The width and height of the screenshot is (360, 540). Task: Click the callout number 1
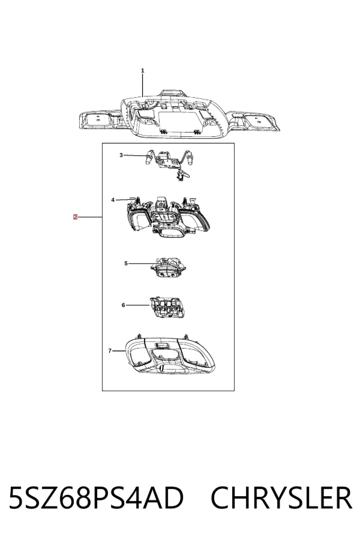point(143,71)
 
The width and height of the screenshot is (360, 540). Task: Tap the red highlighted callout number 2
point(75,217)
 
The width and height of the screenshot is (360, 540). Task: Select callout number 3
point(121,155)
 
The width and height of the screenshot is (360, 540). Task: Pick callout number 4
point(113,200)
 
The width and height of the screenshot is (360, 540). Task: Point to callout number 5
point(126,263)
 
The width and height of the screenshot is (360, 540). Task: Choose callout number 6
point(124,305)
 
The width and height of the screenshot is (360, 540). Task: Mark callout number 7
point(110,351)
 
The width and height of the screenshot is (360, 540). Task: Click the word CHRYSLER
point(281,497)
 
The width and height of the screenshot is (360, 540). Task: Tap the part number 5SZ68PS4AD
point(96,497)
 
